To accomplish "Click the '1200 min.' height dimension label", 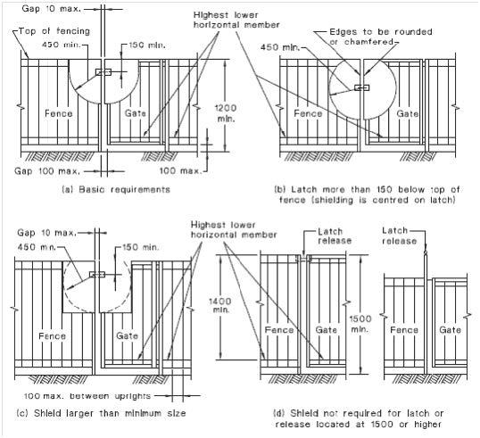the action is tap(226, 113).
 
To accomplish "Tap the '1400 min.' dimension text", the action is tap(220, 305).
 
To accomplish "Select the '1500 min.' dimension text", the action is tap(360, 324).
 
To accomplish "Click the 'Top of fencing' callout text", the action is tap(54, 31).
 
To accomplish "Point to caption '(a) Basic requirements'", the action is tap(116, 189).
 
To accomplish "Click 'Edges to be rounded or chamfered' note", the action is tap(381, 37).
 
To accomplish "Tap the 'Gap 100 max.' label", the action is tap(47, 170).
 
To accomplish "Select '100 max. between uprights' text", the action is tap(87, 396).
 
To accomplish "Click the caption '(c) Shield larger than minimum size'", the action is tap(101, 414).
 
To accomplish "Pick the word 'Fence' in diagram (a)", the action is tap(59, 113).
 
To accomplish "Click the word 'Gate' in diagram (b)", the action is tap(408, 113).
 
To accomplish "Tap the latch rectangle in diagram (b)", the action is tap(361, 87).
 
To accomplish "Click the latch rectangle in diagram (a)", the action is tap(103, 72).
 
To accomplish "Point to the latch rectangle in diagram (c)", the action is tap(97, 275).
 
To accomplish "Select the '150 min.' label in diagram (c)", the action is tap(140, 247).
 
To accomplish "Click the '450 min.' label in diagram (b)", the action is tap(280, 47).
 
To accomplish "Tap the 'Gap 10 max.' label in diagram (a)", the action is tap(52, 8).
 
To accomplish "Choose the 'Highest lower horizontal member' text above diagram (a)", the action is tap(236, 20).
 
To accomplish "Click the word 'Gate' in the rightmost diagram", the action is tap(450, 330).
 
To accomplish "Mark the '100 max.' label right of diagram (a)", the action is tap(180, 170).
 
